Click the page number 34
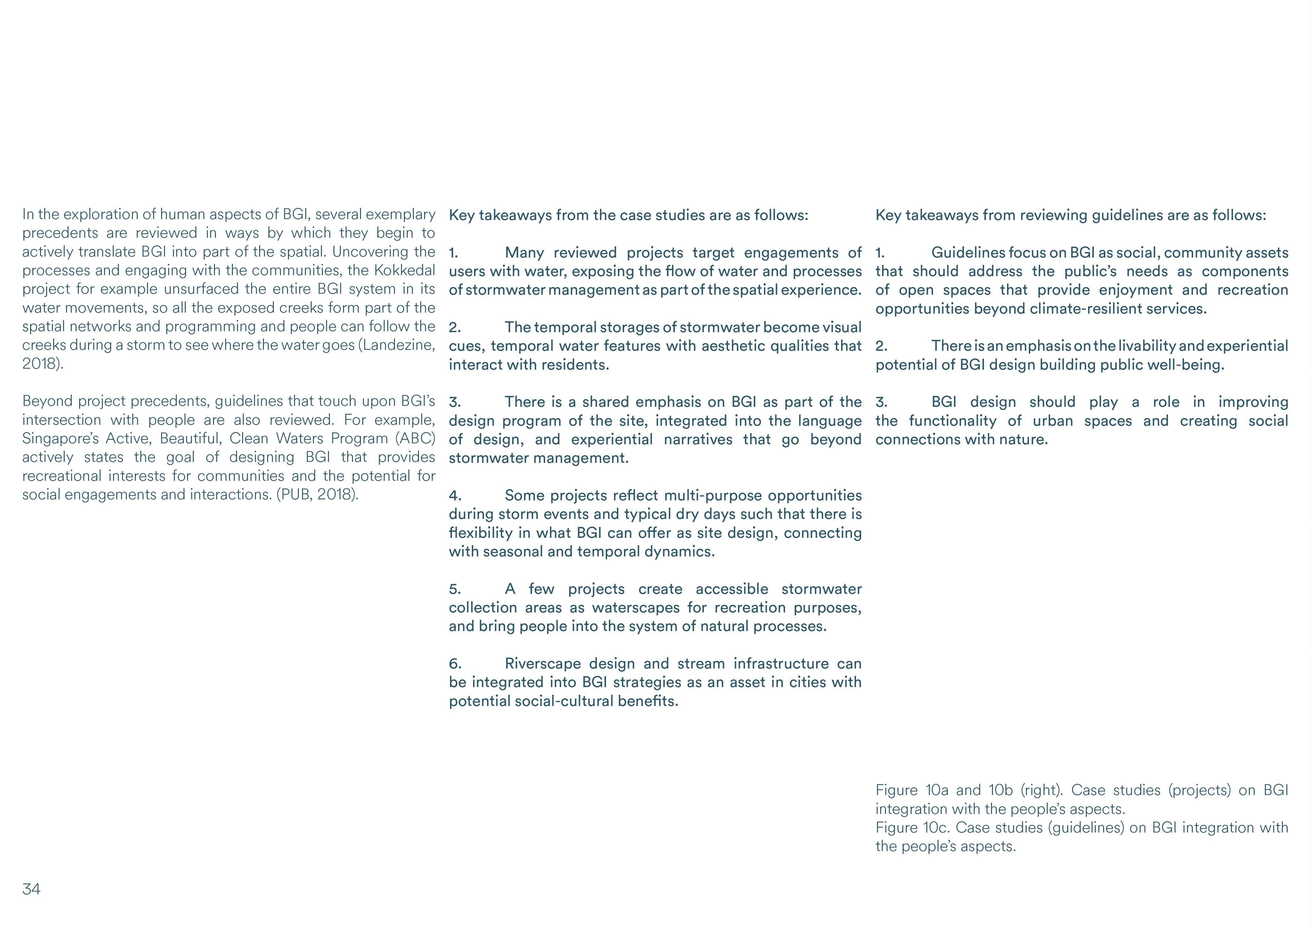(x=31, y=889)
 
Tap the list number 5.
(x=455, y=589)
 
